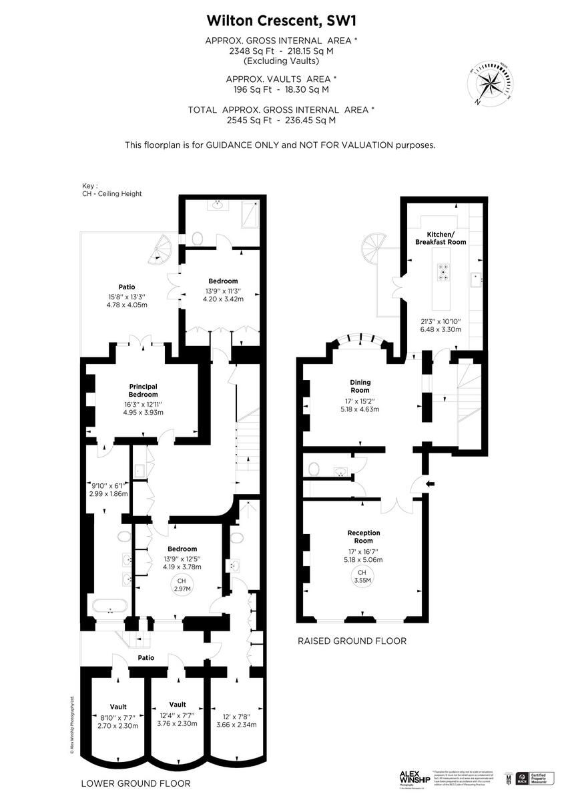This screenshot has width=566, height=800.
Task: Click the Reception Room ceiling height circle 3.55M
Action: [361, 577]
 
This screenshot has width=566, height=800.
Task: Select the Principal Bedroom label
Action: [143, 389]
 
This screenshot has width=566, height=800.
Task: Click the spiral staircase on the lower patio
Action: [163, 251]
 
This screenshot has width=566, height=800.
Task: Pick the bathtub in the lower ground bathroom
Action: [107, 607]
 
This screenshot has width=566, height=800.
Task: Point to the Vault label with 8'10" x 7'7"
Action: [118, 707]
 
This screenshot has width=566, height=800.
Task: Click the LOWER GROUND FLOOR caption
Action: [135, 783]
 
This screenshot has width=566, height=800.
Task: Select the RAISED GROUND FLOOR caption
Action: [352, 641]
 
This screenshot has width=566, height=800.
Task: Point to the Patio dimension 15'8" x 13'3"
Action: [127, 297]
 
